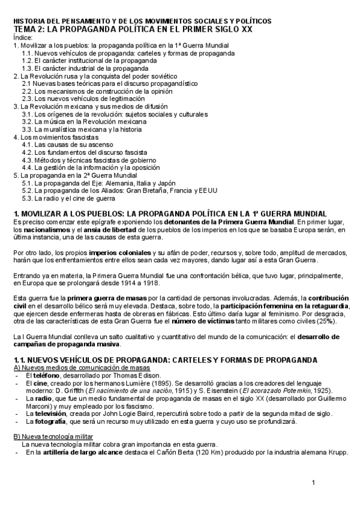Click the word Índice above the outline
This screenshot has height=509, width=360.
pyautogui.click(x=23, y=37)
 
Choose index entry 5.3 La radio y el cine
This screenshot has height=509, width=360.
pyautogui.click(x=68, y=197)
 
